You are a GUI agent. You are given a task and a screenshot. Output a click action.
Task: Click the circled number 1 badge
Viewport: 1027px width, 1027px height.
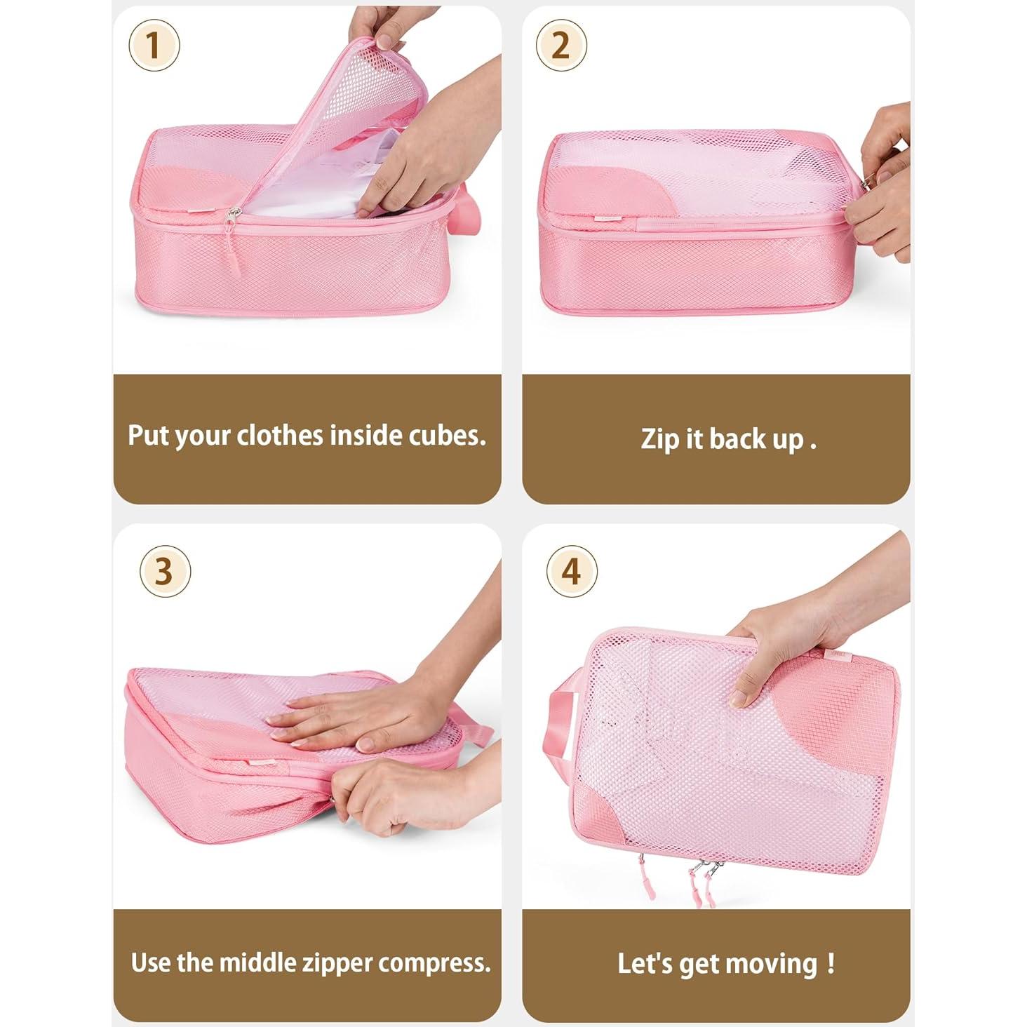tap(154, 46)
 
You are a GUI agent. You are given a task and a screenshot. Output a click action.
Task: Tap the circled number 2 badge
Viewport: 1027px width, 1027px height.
tap(561, 46)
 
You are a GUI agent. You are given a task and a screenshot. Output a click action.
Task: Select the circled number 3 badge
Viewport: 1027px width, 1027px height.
tap(165, 571)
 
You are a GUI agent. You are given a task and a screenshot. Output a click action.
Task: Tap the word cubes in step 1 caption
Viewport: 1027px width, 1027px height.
tap(446, 436)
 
